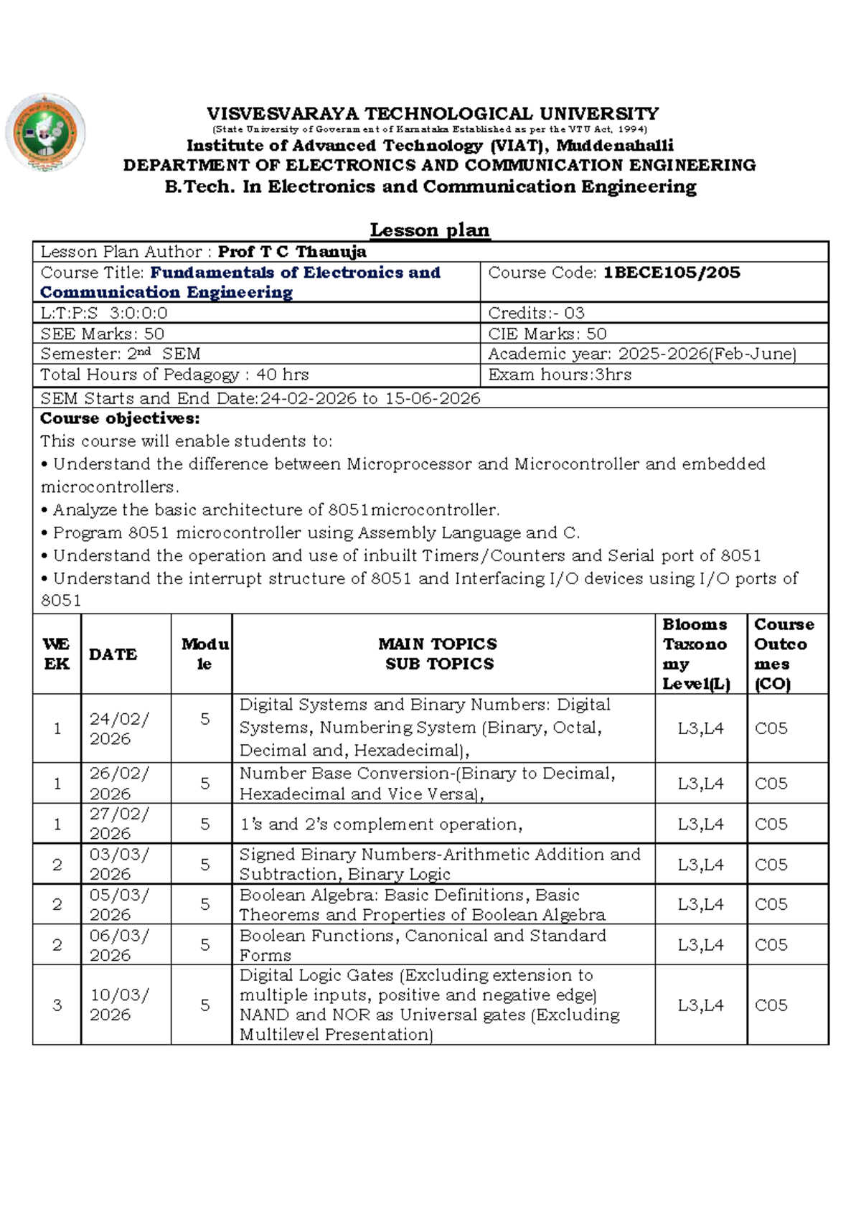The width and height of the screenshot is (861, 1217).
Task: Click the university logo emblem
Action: click(x=45, y=133)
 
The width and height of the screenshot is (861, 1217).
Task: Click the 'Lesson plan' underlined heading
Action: click(x=429, y=230)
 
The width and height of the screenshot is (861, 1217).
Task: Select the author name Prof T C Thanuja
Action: click(x=292, y=252)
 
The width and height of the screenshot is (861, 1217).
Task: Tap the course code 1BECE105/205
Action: click(x=672, y=273)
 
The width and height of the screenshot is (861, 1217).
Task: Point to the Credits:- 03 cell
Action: click(x=537, y=313)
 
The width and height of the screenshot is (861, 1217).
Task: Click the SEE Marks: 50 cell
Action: click(x=103, y=334)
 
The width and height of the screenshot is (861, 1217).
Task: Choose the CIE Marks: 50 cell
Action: click(x=547, y=334)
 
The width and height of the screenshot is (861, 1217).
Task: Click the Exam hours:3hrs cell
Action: click(x=560, y=375)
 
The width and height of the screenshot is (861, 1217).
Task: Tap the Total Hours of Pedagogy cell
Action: click(x=174, y=375)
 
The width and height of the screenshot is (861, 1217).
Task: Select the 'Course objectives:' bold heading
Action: click(x=120, y=418)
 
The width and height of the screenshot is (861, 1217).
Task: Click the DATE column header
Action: click(x=113, y=654)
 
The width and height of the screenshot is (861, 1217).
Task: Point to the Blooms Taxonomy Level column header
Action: click(x=696, y=654)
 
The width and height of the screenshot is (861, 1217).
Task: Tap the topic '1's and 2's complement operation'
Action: click(x=381, y=824)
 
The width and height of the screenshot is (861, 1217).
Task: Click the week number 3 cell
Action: click(x=57, y=1005)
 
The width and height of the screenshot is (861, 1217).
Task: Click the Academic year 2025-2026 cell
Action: click(x=642, y=354)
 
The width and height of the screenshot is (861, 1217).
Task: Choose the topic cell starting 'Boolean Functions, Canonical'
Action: click(x=423, y=945)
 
